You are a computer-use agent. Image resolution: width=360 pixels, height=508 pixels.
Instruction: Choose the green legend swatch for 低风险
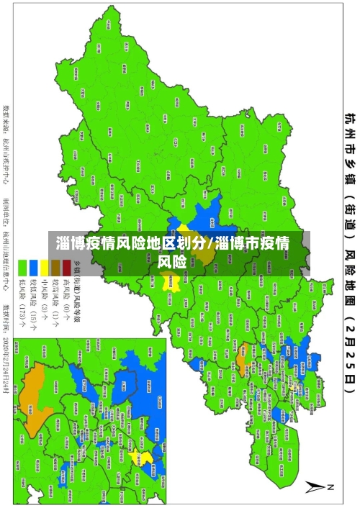click(22, 263)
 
